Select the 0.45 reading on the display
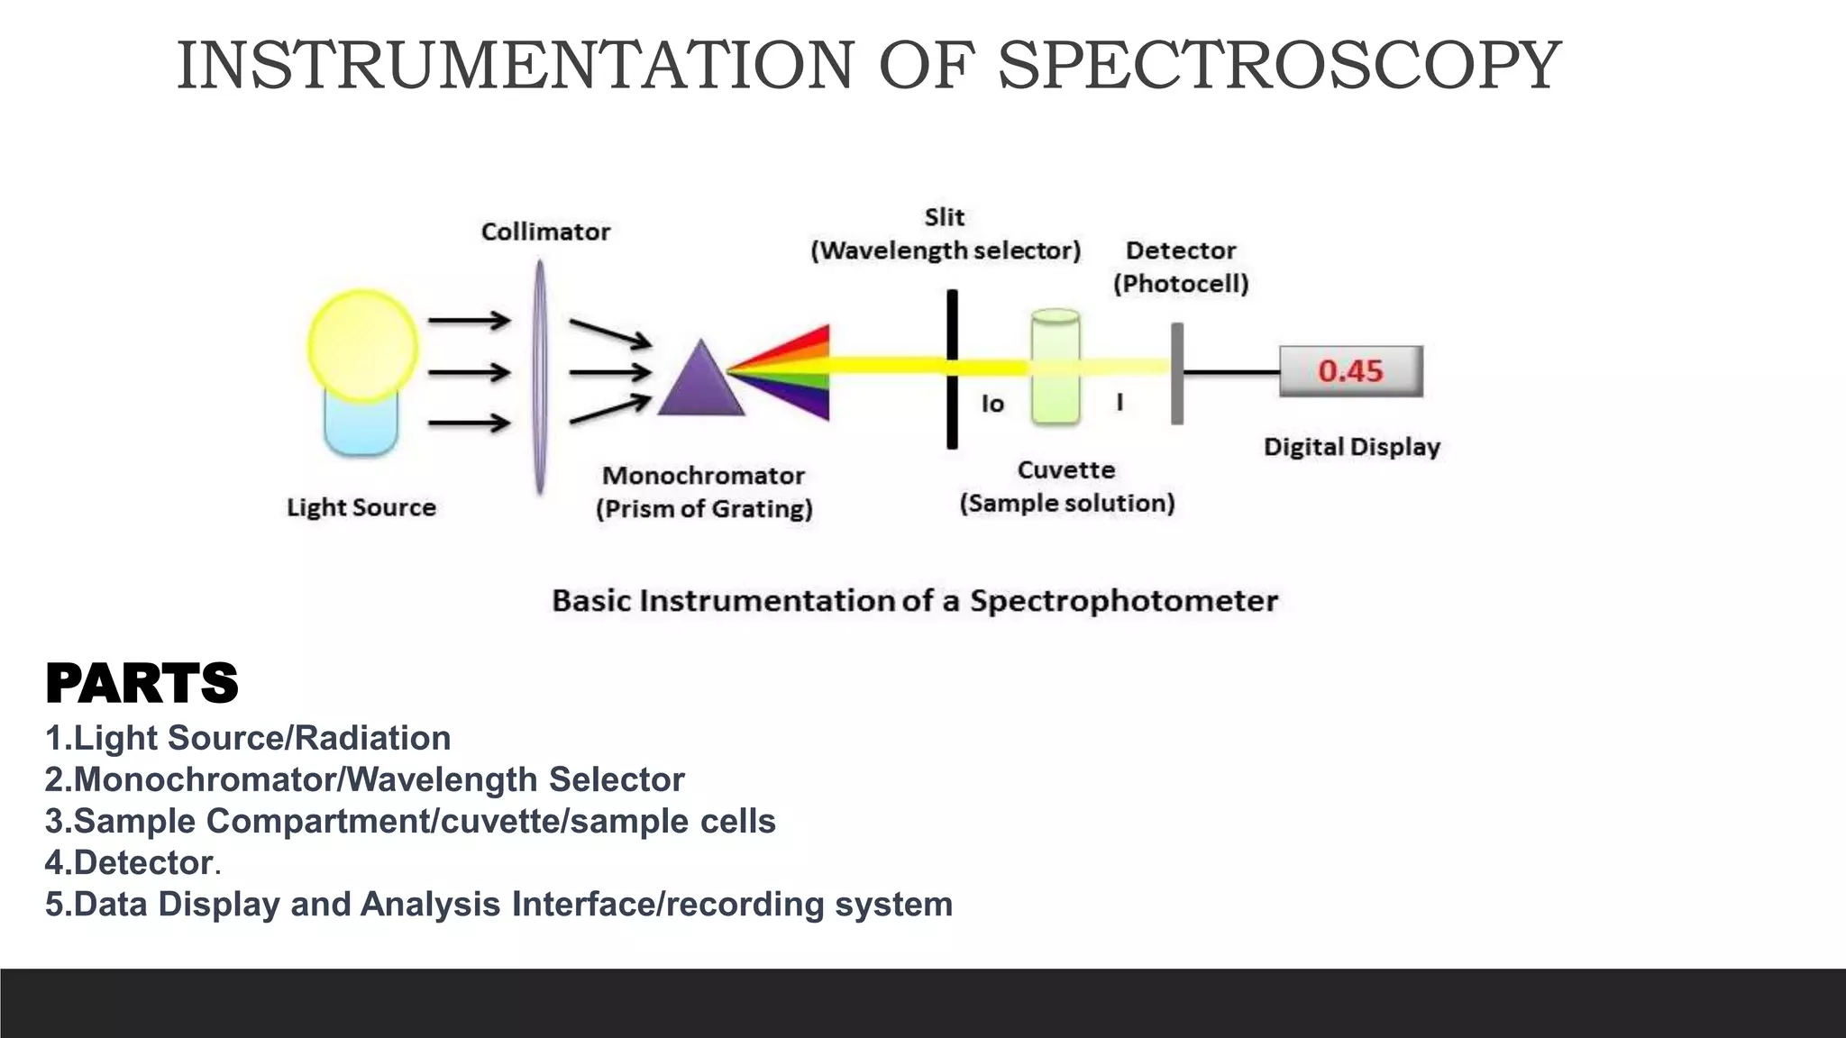click(x=1350, y=370)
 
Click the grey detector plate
click(x=1177, y=373)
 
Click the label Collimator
click(x=545, y=232)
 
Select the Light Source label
click(x=361, y=507)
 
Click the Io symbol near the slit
click(x=992, y=404)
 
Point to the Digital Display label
click(x=1351, y=447)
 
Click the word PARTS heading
click(x=142, y=683)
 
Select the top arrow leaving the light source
click(x=469, y=320)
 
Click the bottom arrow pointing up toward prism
click(x=609, y=410)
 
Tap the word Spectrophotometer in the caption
click(x=1123, y=601)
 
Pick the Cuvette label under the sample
click(x=1066, y=470)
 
